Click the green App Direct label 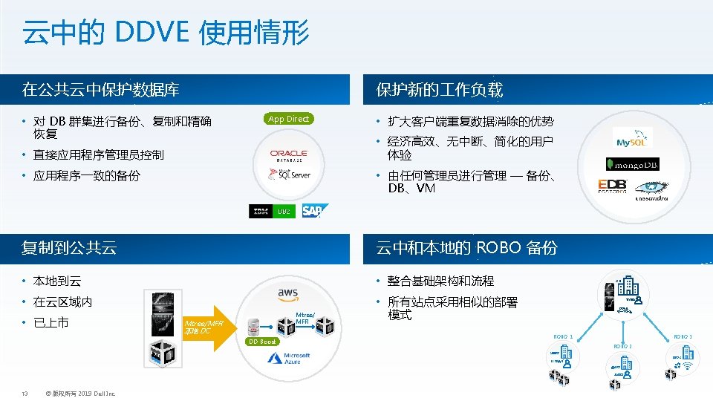[288, 119]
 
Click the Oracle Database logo [289, 155]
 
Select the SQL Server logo [289, 175]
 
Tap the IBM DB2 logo [272, 212]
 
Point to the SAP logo [313, 212]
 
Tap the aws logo [288, 293]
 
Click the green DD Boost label [262, 342]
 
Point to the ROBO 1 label [564, 337]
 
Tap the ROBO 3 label [682, 337]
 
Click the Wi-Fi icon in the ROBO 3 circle [687, 365]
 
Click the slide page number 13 [25, 394]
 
